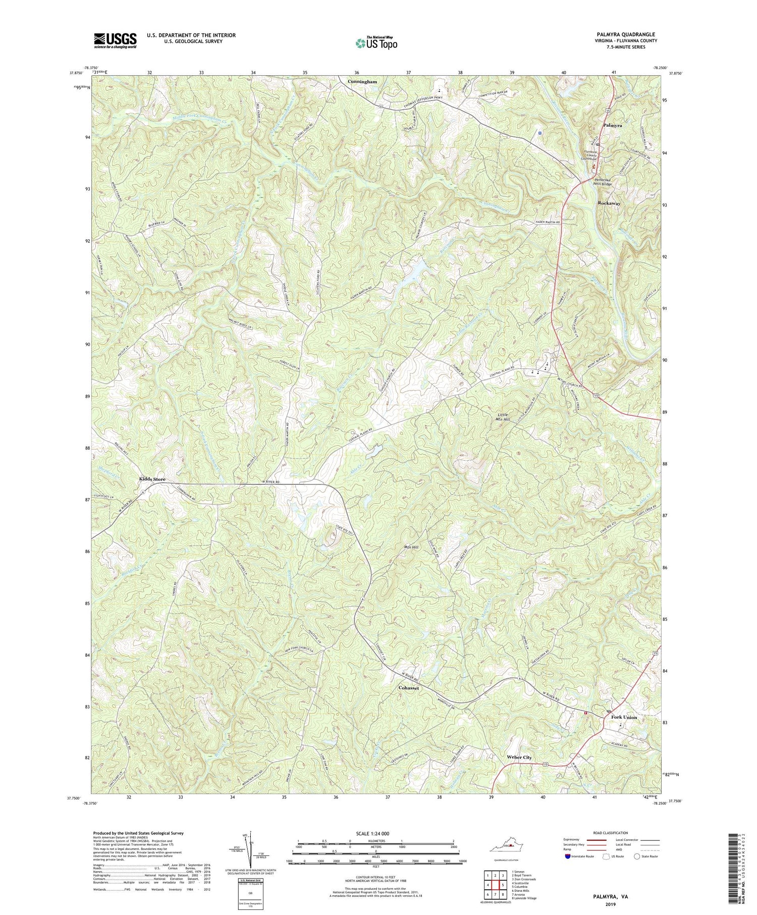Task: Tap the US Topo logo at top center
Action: [376, 43]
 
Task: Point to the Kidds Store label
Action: [152, 479]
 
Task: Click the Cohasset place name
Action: [408, 688]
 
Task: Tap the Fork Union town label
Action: [624, 717]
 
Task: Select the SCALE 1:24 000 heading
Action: [375, 833]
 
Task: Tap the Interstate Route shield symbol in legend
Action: [568, 856]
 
